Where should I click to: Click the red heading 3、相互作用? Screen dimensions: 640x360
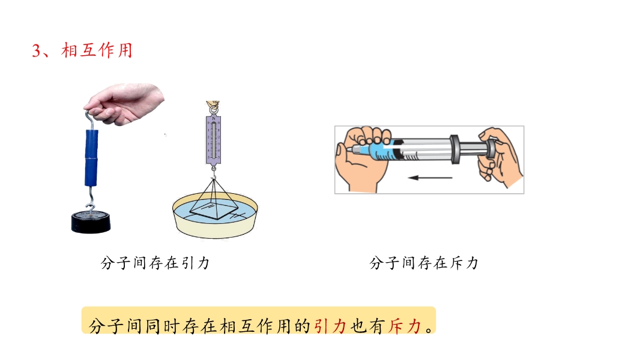82,50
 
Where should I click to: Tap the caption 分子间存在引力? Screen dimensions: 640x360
155,263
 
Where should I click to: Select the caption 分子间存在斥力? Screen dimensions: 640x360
424,263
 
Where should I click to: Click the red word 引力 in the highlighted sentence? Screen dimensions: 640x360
330,326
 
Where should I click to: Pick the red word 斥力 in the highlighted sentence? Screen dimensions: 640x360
404,326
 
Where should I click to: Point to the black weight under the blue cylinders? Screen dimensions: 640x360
91,222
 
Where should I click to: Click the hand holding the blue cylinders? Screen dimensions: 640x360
124,104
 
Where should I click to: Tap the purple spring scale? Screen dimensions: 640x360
214,140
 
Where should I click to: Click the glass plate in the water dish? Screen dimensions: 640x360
214,210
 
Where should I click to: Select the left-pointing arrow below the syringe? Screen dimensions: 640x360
430,178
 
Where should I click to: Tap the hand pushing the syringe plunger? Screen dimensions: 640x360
500,157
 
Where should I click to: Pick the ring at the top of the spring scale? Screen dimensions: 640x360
213,110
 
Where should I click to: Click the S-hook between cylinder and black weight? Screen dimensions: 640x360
91,199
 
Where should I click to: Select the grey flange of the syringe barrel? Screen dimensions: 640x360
454,149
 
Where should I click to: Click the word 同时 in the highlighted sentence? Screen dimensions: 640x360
163,326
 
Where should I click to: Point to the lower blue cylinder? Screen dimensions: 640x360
91,172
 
